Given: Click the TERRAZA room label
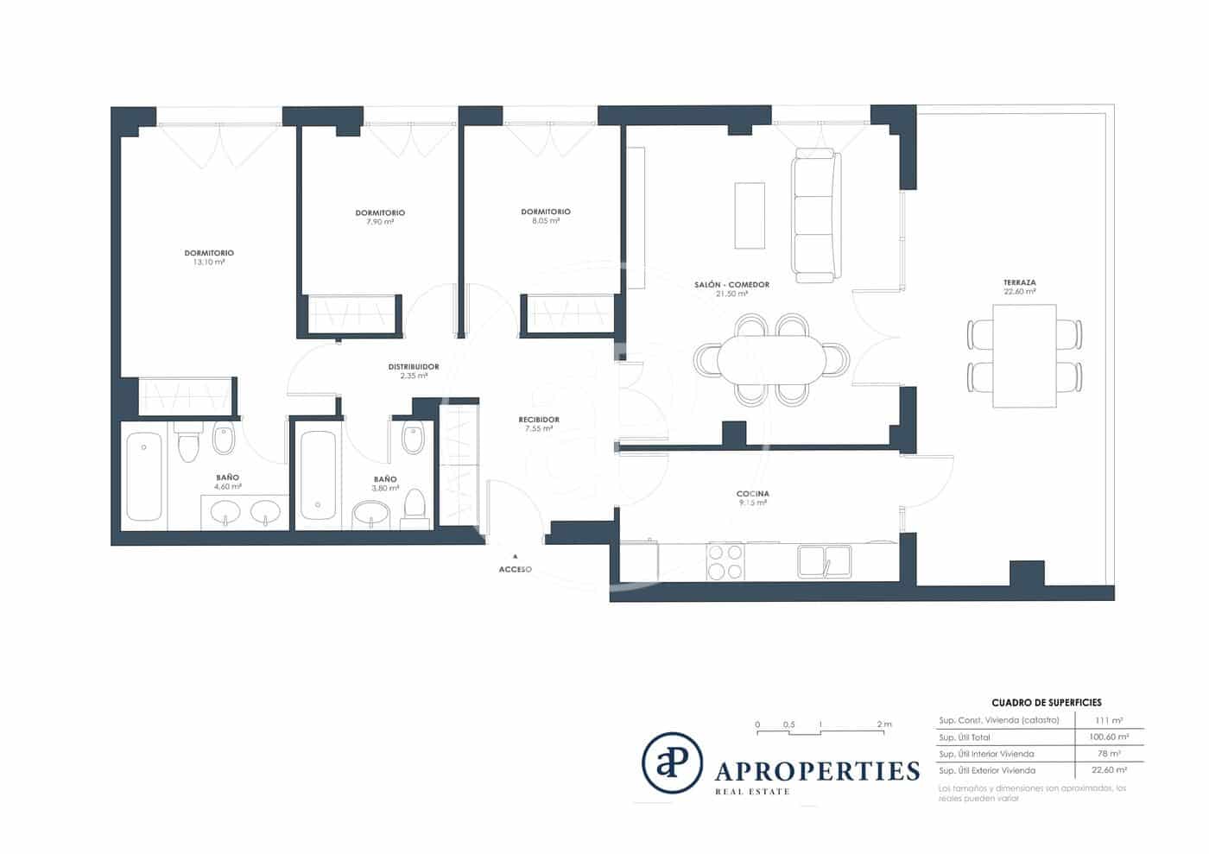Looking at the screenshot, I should pos(1019,282).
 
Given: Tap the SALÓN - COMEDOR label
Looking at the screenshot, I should pos(731,284).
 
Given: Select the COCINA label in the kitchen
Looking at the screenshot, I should pos(752,494).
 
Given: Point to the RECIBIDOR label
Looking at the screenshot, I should pos(539,420).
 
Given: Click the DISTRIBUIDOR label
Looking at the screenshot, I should pos(414,367).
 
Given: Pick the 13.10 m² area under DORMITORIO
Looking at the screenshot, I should pos(209,263).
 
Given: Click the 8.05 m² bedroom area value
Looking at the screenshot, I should pos(546,221).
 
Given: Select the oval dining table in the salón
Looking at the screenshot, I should pos(771,359).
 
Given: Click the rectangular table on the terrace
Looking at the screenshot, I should pos(1024,356).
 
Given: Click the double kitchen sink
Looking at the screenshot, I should pos(824,561).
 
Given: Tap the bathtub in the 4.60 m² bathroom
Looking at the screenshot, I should pos(143,477).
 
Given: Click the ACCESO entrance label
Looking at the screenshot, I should pos(515,570).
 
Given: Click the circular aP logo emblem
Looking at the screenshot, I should pos(672,762).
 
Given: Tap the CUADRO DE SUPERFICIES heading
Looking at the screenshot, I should pos(1046,703).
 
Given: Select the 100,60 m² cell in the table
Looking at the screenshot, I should pos(1109,737).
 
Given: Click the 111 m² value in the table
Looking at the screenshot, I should pos(1109,720).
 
